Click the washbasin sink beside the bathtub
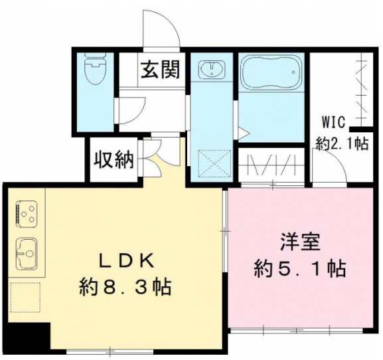point(212,70)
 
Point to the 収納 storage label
point(114,160)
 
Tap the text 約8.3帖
point(126,287)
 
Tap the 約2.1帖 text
point(341,143)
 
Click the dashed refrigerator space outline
point(26,297)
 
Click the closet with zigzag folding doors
point(273,164)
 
